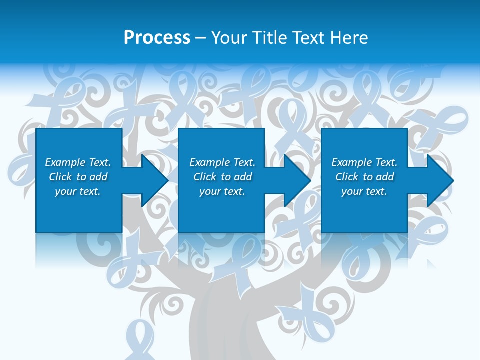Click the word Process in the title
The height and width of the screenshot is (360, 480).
click(157, 38)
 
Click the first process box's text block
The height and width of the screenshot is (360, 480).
click(78, 177)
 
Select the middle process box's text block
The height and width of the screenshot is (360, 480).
click(222, 177)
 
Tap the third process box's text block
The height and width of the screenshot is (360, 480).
click(364, 177)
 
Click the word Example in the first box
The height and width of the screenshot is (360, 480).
click(65, 162)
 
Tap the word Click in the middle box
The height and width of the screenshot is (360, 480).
click(205, 177)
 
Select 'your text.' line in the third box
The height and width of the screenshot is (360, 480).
click(364, 191)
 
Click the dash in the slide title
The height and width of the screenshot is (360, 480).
click(200, 38)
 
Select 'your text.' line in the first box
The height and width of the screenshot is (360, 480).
click(78, 191)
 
